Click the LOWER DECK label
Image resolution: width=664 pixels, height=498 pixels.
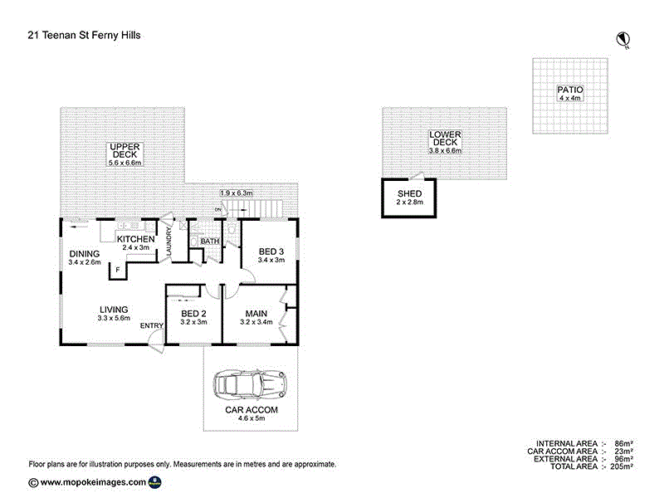tap(446, 138)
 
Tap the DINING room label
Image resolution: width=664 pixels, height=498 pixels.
tap(85, 254)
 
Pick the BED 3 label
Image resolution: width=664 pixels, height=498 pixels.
tap(271, 251)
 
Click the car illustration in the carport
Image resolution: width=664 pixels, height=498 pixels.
tap(250, 384)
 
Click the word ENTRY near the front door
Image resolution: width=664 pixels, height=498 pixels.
tap(151, 325)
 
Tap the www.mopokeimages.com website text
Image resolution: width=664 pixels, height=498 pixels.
tap(93, 482)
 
